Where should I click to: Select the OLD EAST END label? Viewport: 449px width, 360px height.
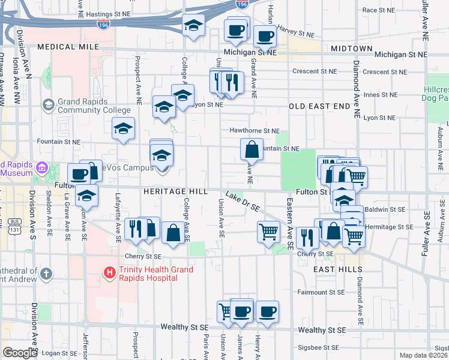click(x=319, y=106)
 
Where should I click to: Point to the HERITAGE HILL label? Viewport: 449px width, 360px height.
click(x=175, y=191)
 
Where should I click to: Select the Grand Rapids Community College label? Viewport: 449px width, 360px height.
click(x=94, y=106)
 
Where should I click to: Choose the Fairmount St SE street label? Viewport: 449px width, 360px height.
click(x=321, y=292)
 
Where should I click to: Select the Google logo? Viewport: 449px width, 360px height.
click(x=20, y=353)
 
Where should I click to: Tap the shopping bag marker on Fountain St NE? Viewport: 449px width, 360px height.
click(x=252, y=149)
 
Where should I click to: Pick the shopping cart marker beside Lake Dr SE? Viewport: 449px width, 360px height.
click(x=268, y=231)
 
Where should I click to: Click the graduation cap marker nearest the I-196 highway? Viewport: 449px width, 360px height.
click(x=193, y=25)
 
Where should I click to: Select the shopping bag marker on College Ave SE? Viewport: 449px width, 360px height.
click(x=173, y=233)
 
